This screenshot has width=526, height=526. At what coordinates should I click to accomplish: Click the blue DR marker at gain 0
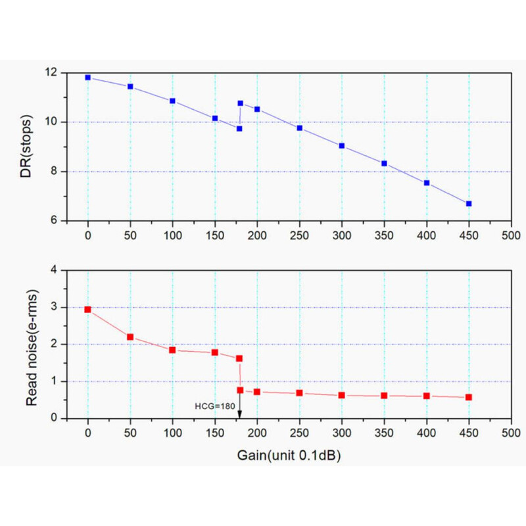tap(88, 78)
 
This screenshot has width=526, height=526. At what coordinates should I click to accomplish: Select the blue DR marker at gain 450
tap(469, 204)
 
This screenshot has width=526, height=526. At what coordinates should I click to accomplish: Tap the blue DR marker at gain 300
tap(342, 145)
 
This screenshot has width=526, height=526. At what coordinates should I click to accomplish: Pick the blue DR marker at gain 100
tap(172, 101)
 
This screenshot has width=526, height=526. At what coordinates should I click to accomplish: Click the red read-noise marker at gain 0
tap(88, 309)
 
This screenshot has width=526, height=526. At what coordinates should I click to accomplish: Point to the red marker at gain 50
tap(130, 337)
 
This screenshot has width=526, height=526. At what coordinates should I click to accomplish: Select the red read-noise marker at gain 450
tap(469, 397)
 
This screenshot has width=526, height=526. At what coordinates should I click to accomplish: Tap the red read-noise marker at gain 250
tap(299, 393)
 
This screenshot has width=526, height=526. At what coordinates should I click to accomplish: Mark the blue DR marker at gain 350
tap(384, 163)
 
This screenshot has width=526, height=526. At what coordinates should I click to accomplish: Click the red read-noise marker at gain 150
tap(215, 352)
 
